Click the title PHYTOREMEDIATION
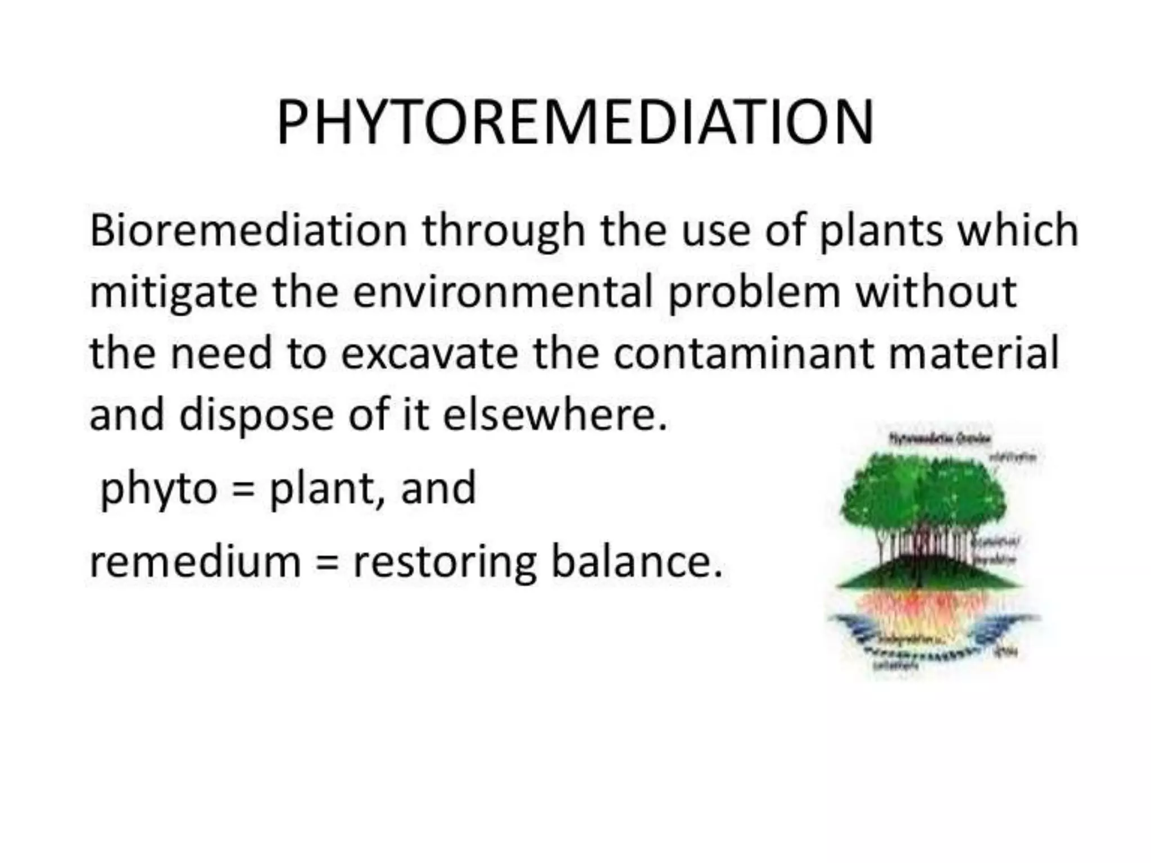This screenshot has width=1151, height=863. [x=575, y=123]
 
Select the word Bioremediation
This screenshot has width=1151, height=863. [x=248, y=230]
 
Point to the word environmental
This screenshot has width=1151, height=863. [x=502, y=292]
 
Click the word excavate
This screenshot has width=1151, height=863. [x=429, y=353]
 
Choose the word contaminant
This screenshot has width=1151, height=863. [x=744, y=353]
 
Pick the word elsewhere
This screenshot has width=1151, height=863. [x=555, y=415]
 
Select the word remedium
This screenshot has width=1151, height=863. [x=195, y=562]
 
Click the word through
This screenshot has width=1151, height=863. [x=504, y=231]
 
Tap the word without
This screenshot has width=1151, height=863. [x=935, y=292]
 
